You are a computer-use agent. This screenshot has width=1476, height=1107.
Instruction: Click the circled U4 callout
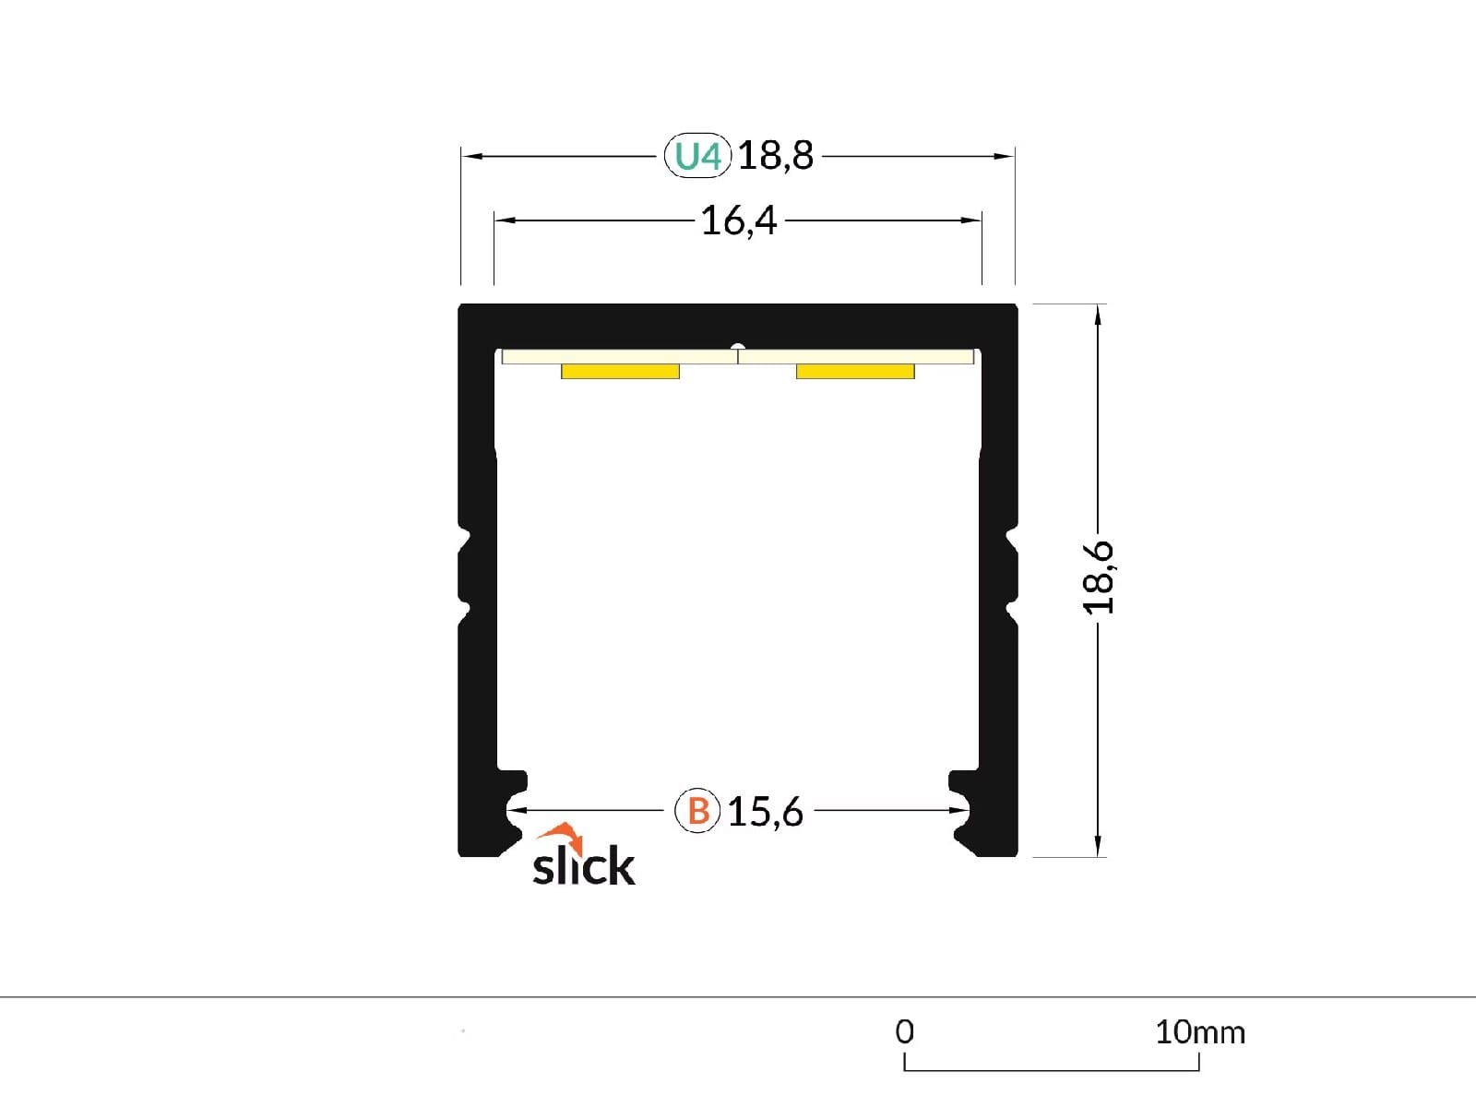697,156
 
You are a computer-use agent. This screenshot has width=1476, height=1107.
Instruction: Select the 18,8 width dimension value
775,155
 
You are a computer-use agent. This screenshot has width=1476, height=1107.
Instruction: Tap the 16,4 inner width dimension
738,220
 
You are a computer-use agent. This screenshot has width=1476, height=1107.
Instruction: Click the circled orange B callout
697,811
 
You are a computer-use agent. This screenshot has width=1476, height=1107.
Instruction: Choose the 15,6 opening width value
766,812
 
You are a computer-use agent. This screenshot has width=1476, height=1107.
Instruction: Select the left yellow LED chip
620,372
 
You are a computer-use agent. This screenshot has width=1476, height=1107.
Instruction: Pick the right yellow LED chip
855,372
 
